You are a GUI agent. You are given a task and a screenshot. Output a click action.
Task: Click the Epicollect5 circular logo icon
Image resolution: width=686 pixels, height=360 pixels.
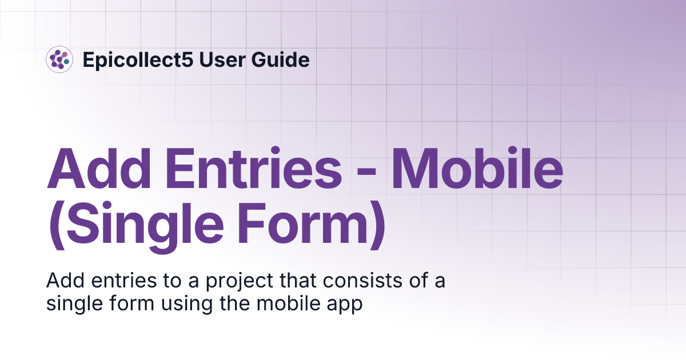(x=59, y=59)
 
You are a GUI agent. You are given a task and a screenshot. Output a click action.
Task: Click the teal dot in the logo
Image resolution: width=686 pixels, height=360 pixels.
(x=66, y=61)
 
